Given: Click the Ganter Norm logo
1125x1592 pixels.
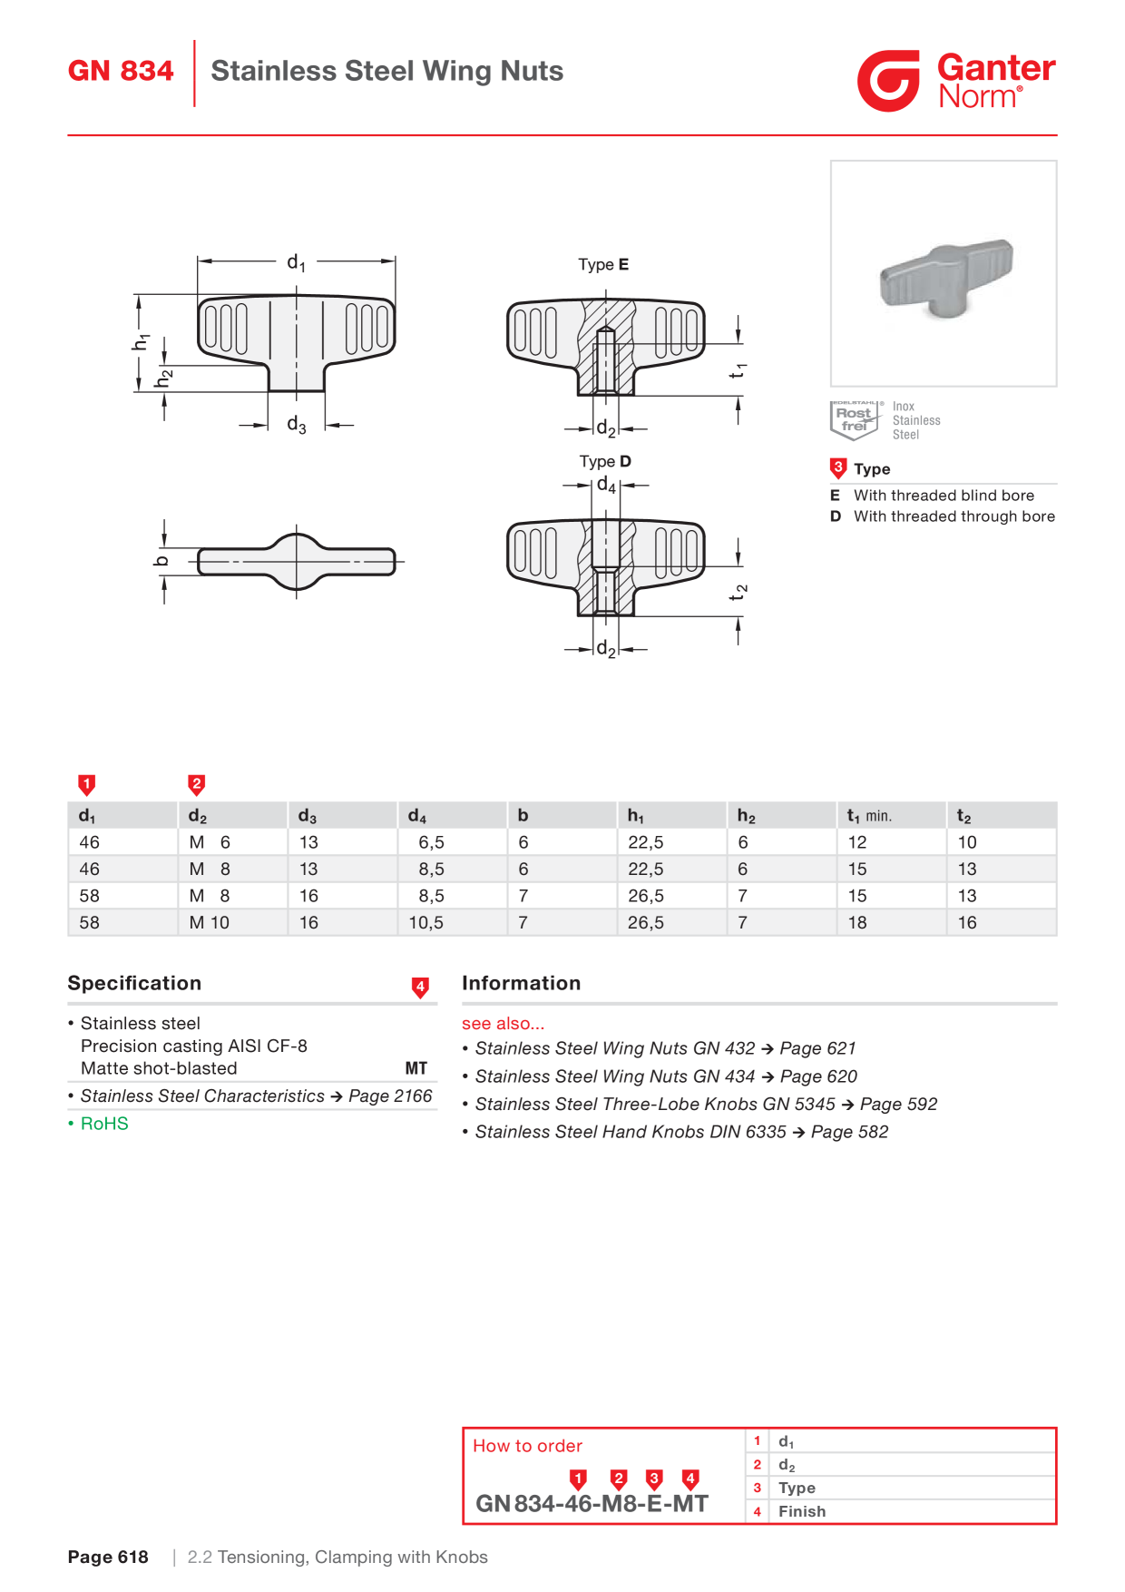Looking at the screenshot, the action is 956,81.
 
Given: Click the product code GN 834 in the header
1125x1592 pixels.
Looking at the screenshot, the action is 121,71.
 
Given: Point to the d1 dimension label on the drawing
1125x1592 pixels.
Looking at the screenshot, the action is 296,262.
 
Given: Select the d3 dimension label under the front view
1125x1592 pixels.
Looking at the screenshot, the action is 296,425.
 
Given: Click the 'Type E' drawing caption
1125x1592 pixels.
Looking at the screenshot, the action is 603,264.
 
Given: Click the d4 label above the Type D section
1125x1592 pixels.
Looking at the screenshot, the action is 606,486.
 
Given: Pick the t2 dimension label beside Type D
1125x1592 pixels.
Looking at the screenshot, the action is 739,592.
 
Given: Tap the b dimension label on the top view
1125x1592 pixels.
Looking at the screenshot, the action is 161,560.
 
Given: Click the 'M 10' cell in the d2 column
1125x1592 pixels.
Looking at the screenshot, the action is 210,922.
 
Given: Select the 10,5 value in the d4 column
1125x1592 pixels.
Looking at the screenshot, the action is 426,922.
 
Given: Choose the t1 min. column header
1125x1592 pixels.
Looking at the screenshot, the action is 869,816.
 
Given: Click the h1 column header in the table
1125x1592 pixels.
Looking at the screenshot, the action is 636,816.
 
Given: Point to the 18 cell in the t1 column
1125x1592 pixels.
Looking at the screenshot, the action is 857,922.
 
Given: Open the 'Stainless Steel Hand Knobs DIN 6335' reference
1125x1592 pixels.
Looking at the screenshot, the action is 681,1132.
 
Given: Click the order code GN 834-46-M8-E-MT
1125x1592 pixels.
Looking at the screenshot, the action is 592,1504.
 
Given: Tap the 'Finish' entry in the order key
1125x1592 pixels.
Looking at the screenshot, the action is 802,1511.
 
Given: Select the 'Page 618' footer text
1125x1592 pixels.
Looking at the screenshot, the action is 108,1558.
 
